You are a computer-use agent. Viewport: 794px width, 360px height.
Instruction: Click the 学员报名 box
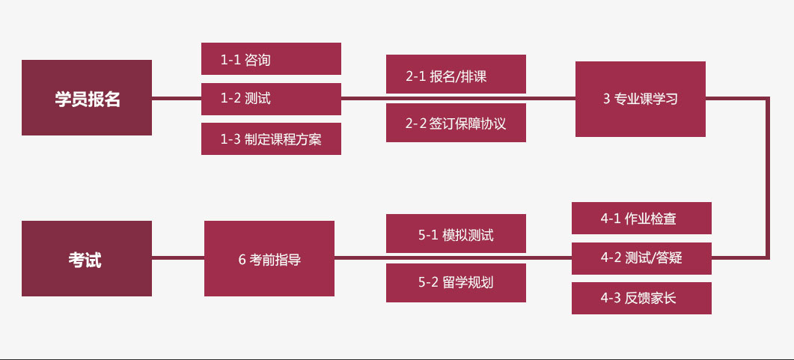coord(87,98)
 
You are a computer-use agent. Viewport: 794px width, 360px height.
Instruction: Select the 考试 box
coord(87,259)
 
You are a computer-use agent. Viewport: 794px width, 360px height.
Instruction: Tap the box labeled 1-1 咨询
coord(271,59)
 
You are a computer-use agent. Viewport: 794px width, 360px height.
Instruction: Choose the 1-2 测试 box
coord(271,98)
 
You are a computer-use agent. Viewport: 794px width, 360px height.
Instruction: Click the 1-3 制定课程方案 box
coord(271,138)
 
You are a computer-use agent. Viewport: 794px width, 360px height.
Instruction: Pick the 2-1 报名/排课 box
coord(456,75)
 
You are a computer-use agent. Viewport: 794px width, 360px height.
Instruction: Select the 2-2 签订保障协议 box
coord(456,123)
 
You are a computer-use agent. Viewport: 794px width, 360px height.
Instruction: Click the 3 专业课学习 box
coord(640,99)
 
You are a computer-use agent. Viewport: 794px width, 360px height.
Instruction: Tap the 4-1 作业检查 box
coord(641,219)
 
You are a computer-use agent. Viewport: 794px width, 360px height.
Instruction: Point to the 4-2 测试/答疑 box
coord(641,258)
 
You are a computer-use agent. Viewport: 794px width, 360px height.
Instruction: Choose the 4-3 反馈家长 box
coord(641,298)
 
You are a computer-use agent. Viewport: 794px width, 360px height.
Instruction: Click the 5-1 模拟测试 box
coord(456,234)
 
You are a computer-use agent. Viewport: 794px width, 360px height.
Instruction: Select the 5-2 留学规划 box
coord(456,282)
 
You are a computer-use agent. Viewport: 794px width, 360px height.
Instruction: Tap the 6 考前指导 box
coord(269,259)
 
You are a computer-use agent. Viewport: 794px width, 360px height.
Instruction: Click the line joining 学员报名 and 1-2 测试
coord(177,98)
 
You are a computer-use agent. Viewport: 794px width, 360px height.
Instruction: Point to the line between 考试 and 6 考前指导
coord(178,259)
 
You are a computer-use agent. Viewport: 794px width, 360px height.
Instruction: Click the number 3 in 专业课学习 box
coord(607,99)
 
